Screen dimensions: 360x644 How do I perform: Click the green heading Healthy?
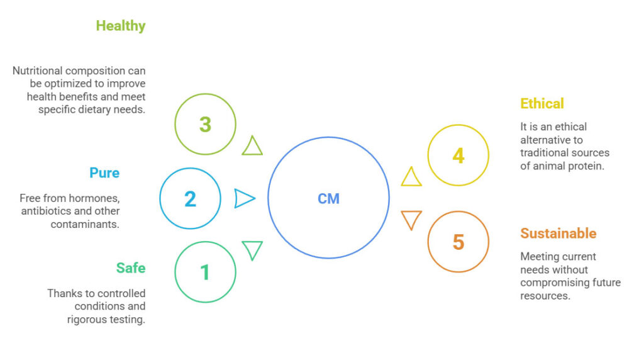[120, 26]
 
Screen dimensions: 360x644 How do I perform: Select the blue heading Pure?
[104, 172]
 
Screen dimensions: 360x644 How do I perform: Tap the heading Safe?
[130, 268]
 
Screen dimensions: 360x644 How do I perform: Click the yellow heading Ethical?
[541, 103]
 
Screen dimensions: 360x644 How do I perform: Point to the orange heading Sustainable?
[558, 233]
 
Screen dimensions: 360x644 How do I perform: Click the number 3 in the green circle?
[205, 124]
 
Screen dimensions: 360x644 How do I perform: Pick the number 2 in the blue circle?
[190, 199]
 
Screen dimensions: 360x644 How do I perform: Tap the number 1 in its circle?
[205, 273]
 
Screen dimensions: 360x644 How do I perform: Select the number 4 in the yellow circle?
[458, 155]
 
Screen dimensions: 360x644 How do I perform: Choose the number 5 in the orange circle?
[458, 242]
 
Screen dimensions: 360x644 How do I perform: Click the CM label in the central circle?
[328, 199]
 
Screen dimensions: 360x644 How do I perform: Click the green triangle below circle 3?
[252, 147]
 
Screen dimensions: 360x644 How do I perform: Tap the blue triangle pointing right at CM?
[243, 199]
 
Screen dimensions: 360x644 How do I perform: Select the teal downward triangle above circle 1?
[252, 249]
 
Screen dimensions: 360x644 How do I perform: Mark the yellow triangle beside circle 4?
[411, 178]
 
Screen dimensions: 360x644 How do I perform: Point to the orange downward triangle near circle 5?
[411, 219]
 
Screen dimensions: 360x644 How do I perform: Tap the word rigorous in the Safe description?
[88, 319]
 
